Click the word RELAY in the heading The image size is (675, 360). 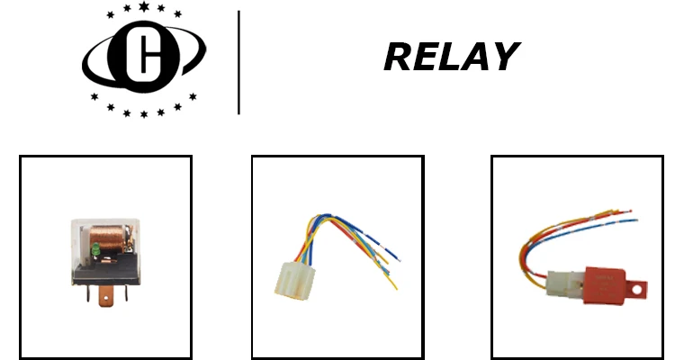[x=450, y=58]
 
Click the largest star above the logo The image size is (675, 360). [x=145, y=8]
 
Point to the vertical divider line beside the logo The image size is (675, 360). [x=238, y=62]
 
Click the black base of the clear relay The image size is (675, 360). [x=106, y=272]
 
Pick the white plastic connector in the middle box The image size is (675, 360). [x=292, y=280]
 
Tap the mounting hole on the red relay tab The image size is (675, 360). [x=641, y=290]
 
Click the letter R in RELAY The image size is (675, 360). [x=398, y=58]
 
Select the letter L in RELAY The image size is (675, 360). [x=447, y=58]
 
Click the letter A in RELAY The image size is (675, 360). [x=474, y=58]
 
